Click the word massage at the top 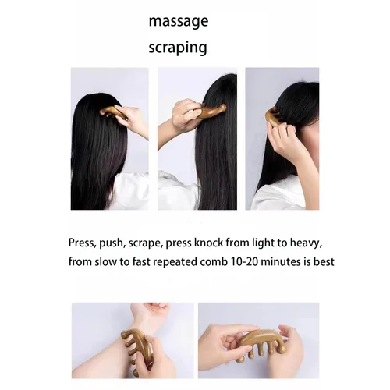[x=179, y=21]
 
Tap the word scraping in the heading [x=178, y=48]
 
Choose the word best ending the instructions [x=324, y=262]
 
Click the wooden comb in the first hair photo [x=114, y=113]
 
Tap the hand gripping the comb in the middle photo [x=185, y=115]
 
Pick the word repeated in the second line [x=175, y=262]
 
